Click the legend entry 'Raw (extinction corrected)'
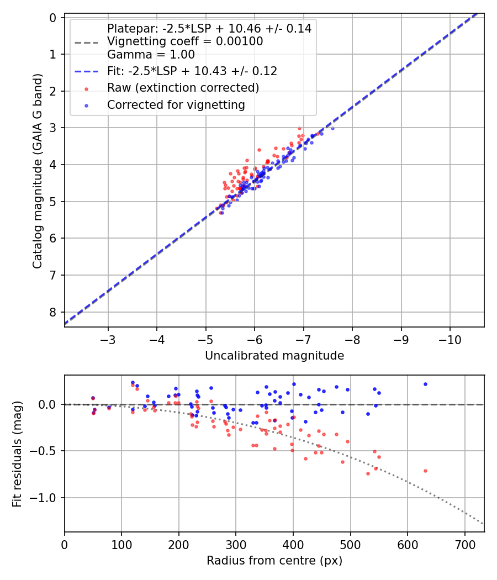pos(183,88)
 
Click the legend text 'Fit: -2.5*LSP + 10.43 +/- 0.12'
pos(192,71)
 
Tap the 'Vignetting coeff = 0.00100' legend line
pos(185,41)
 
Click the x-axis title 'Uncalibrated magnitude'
pos(274,356)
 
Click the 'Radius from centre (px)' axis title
pos(274,561)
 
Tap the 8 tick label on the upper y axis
pos(53,312)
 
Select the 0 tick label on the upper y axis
pos(53,18)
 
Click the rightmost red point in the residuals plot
pos(425,471)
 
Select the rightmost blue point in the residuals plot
pos(425,384)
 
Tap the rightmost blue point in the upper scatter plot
pos(332,128)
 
